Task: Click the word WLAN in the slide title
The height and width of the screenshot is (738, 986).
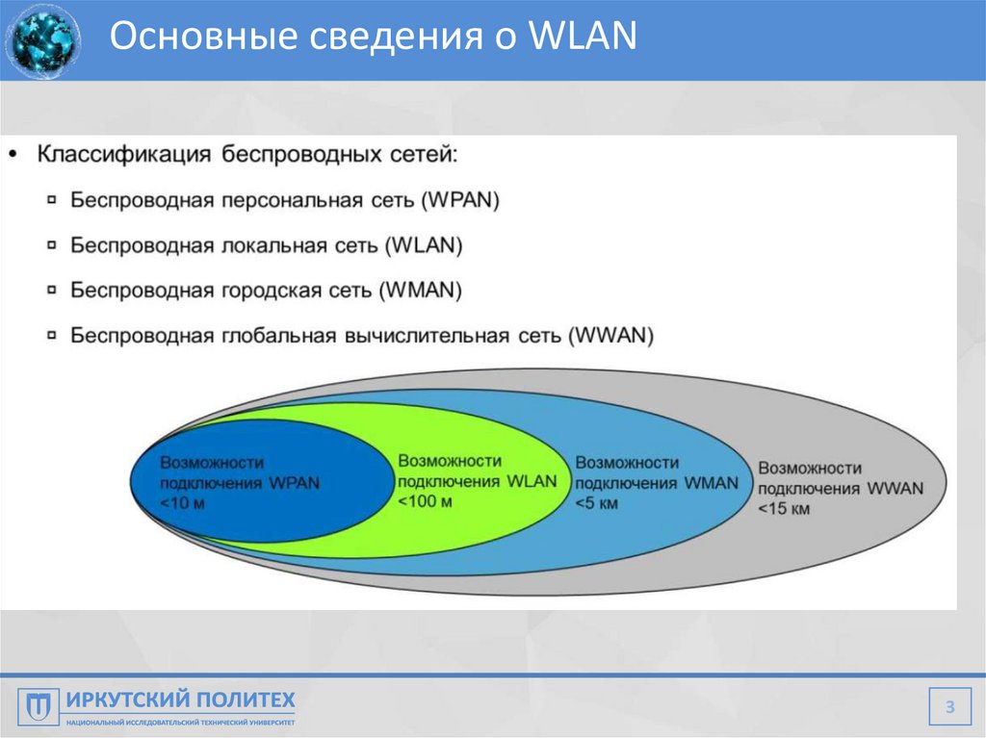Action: pos(584,38)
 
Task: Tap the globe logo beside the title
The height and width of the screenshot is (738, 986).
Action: pos(42,40)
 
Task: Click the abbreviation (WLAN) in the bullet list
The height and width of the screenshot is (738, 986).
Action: pos(424,245)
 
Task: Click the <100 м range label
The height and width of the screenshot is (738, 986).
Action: pos(425,501)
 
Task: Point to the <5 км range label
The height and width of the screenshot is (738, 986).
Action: pos(597,503)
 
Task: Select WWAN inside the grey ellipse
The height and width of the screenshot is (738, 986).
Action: pos(895,488)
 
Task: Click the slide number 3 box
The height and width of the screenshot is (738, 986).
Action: pos(949,708)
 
